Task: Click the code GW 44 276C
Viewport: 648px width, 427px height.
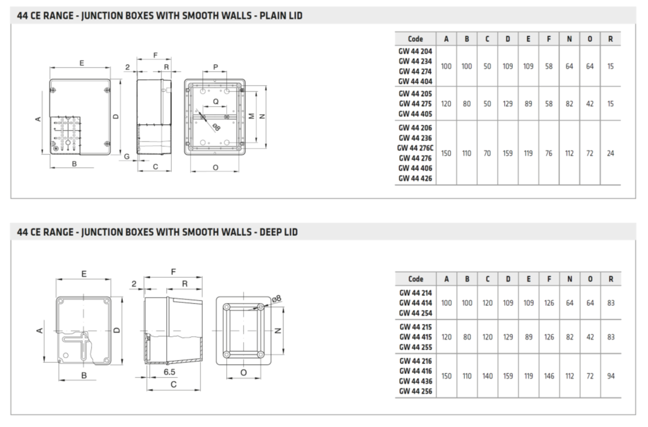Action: [415, 148]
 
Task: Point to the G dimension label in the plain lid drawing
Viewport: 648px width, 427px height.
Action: [127, 156]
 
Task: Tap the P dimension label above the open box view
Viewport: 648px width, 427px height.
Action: [216, 68]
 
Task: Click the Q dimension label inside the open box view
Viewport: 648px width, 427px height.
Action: [216, 101]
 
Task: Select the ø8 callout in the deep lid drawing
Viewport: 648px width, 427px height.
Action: [277, 298]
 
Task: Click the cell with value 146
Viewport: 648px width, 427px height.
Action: [549, 376]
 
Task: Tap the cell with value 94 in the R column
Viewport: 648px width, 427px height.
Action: [610, 376]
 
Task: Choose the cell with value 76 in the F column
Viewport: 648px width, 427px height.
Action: [549, 153]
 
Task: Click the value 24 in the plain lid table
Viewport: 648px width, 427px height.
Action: [610, 153]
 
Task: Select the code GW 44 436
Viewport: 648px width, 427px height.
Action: [415, 381]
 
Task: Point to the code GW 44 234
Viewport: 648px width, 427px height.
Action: [415, 61]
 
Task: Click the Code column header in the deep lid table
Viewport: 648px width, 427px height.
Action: [415, 279]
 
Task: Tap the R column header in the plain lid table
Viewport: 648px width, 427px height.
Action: [610, 39]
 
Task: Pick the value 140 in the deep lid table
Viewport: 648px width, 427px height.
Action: [487, 376]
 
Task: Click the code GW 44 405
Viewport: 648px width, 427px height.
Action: [415, 114]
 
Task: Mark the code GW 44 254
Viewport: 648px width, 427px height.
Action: [415, 313]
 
